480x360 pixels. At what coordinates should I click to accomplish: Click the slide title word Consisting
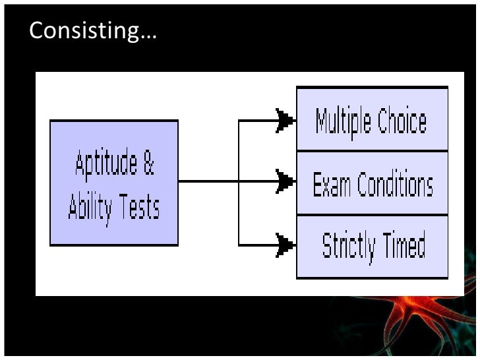(84, 31)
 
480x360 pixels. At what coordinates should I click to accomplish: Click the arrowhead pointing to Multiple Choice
(285, 121)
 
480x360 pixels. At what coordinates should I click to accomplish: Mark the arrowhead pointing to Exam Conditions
(285, 181)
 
